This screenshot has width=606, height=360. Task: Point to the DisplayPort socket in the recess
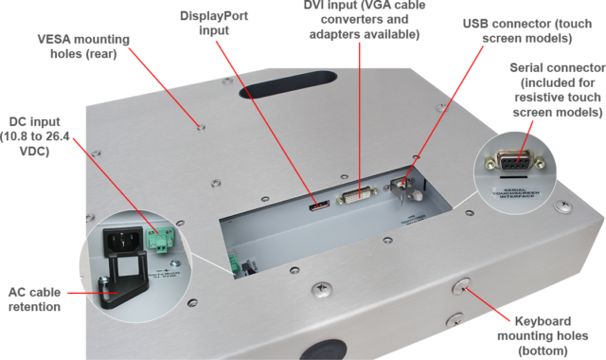[x=317, y=203]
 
